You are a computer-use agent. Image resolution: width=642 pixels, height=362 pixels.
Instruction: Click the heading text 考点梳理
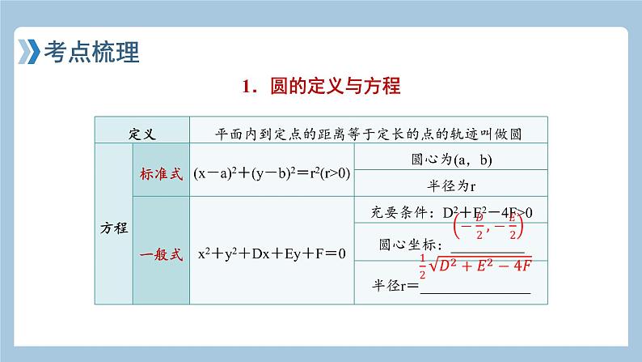[89, 53]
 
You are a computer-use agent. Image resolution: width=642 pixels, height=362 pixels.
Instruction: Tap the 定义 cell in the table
[141, 132]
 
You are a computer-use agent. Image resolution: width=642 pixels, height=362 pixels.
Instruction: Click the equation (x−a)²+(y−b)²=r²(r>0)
[272, 173]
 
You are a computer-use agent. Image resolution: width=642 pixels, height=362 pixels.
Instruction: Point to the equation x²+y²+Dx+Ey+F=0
[272, 253]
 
